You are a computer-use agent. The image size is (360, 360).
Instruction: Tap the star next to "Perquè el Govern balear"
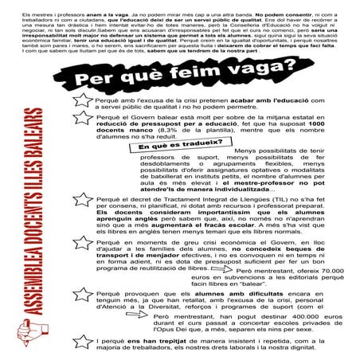pos(81,143)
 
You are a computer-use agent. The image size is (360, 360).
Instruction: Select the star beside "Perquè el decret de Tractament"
pos(81,219)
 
